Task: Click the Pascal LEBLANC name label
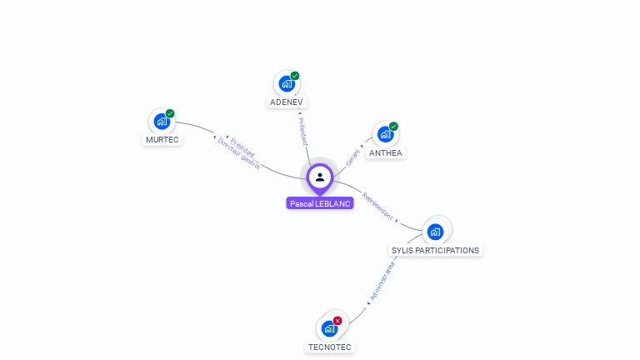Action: click(x=320, y=203)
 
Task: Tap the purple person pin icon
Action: click(x=320, y=177)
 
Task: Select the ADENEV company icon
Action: click(x=287, y=84)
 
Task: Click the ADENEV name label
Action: click(x=287, y=102)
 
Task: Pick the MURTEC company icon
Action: click(x=162, y=122)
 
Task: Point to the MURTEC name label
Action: click(x=162, y=139)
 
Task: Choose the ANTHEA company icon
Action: click(x=384, y=134)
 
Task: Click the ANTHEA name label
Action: click(x=385, y=152)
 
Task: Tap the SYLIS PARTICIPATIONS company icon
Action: click(x=435, y=232)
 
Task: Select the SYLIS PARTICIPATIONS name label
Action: click(x=436, y=250)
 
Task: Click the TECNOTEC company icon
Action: click(x=329, y=328)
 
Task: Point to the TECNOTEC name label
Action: click(x=330, y=347)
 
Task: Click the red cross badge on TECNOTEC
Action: click(x=337, y=321)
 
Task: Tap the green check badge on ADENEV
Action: click(x=295, y=76)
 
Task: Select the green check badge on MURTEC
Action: click(x=170, y=113)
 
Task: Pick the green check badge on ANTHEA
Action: click(x=393, y=127)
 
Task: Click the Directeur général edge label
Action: click(x=239, y=155)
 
